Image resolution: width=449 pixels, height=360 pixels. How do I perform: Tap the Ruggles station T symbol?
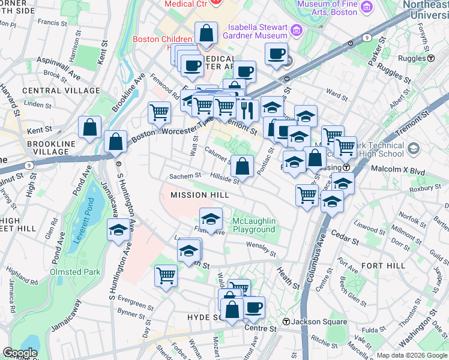click(431, 58)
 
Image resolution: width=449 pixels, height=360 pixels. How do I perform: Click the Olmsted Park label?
click(74, 272)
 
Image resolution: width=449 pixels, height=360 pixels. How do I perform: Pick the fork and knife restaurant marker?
click(247, 109)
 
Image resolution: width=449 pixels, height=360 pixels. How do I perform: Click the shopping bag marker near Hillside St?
click(242, 166)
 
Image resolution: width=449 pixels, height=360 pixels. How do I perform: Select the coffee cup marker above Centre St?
click(253, 307)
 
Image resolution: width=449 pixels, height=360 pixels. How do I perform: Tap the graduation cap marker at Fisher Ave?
click(211, 218)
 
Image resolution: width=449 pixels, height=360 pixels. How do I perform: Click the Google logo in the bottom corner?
click(20, 353)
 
